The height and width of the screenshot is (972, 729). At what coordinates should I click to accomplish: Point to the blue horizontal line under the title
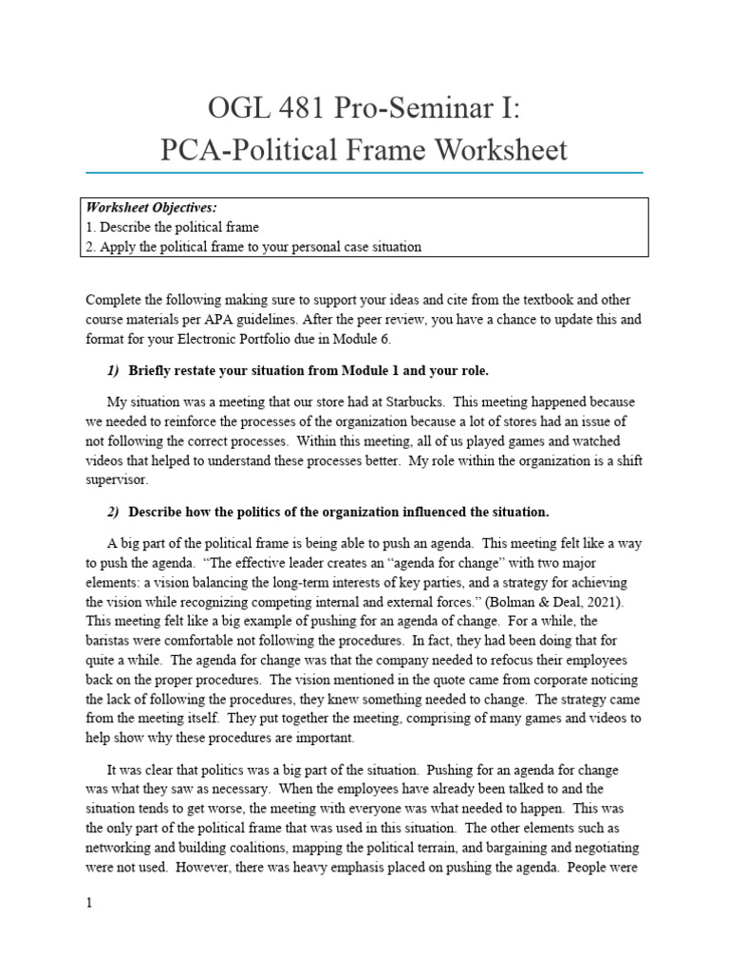point(364,173)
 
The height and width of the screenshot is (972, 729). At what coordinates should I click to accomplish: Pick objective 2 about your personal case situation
point(253,247)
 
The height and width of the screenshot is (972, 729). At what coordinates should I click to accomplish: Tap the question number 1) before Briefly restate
point(113,370)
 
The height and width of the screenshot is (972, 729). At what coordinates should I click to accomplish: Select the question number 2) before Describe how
point(113,512)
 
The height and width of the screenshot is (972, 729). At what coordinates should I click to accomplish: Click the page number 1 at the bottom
point(89,904)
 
